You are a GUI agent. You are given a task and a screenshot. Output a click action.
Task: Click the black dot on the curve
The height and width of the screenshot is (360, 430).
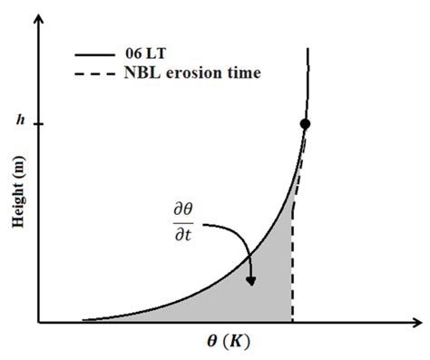click(305, 123)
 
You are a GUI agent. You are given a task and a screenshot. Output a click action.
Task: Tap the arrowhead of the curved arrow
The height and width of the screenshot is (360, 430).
click(250, 281)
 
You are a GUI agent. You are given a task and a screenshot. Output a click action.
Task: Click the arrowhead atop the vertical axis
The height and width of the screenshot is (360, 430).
click(39, 21)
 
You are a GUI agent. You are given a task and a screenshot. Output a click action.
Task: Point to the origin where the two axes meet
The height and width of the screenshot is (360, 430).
click(39, 321)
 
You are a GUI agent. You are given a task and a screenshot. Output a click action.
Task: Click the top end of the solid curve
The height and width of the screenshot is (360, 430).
click(308, 47)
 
